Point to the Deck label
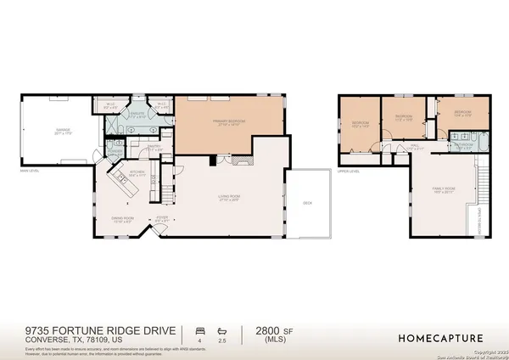308,202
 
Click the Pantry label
154,148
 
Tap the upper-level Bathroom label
463,145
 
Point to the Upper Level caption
349,171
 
